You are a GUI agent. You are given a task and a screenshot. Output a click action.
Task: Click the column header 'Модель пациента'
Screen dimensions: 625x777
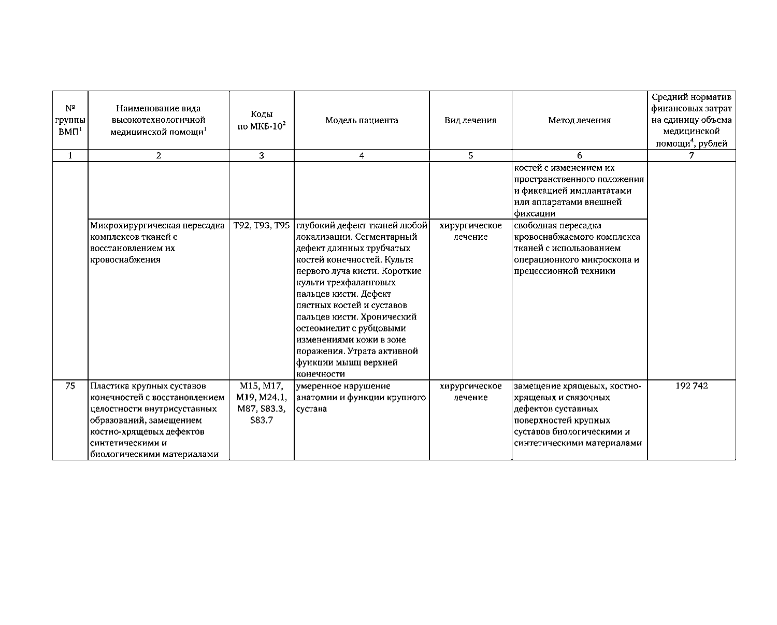(x=362, y=121)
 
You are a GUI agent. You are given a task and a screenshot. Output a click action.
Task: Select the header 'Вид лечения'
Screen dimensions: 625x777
(x=470, y=121)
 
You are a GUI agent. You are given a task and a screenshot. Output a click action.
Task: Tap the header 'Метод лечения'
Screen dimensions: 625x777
(x=579, y=121)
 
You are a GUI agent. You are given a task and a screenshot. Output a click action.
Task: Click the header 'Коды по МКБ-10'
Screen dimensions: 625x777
(x=262, y=121)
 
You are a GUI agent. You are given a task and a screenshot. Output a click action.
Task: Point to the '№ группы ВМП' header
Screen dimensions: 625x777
(x=70, y=121)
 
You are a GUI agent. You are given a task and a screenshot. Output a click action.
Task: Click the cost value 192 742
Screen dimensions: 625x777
(x=692, y=386)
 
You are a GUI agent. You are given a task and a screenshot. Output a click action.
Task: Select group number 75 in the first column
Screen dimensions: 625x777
(x=70, y=386)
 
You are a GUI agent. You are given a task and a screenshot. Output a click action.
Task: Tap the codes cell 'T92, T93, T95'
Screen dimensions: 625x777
(x=262, y=226)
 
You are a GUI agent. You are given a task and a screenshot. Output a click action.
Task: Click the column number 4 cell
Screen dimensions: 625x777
(x=362, y=156)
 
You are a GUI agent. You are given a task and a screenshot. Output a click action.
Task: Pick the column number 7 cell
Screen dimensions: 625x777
(x=692, y=156)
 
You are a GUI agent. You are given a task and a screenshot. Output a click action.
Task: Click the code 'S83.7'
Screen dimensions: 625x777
(x=261, y=420)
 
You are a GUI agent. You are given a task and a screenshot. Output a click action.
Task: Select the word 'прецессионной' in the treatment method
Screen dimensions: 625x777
(x=544, y=271)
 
